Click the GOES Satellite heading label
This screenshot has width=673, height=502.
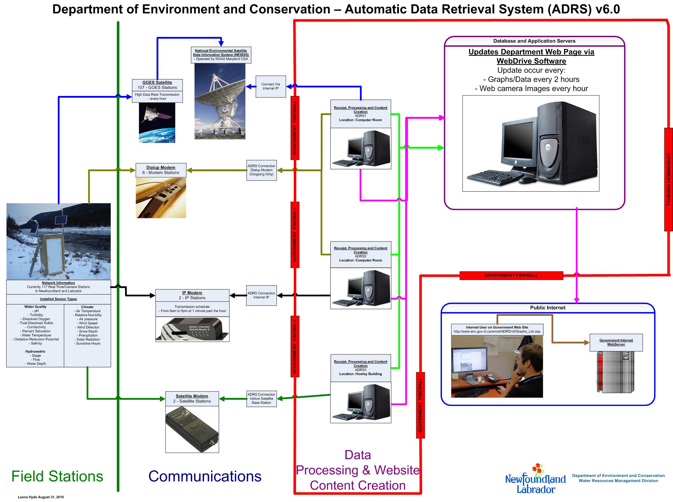tap(157, 82)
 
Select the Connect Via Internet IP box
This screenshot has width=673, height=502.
tap(271, 86)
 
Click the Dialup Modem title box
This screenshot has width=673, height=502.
tap(161, 170)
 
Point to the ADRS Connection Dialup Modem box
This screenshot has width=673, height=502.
tap(261, 170)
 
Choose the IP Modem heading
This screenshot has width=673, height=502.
tap(192, 293)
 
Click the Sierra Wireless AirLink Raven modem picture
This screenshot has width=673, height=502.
tap(192, 329)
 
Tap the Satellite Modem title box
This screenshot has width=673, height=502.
tap(192, 398)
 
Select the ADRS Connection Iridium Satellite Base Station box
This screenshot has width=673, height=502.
tap(261, 399)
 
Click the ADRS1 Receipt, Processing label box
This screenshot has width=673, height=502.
tap(361, 114)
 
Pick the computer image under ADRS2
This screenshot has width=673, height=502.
tap(361, 288)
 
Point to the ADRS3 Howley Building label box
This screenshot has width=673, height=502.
tap(361, 368)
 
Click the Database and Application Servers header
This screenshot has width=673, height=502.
tap(534, 41)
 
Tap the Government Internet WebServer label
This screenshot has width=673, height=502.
tap(616, 342)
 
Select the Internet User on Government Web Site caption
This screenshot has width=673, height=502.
tap(497, 329)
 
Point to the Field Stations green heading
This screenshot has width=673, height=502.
tap(57, 476)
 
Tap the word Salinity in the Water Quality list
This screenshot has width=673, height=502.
tap(37, 343)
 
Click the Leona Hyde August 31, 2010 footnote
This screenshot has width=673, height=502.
tap(41, 497)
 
